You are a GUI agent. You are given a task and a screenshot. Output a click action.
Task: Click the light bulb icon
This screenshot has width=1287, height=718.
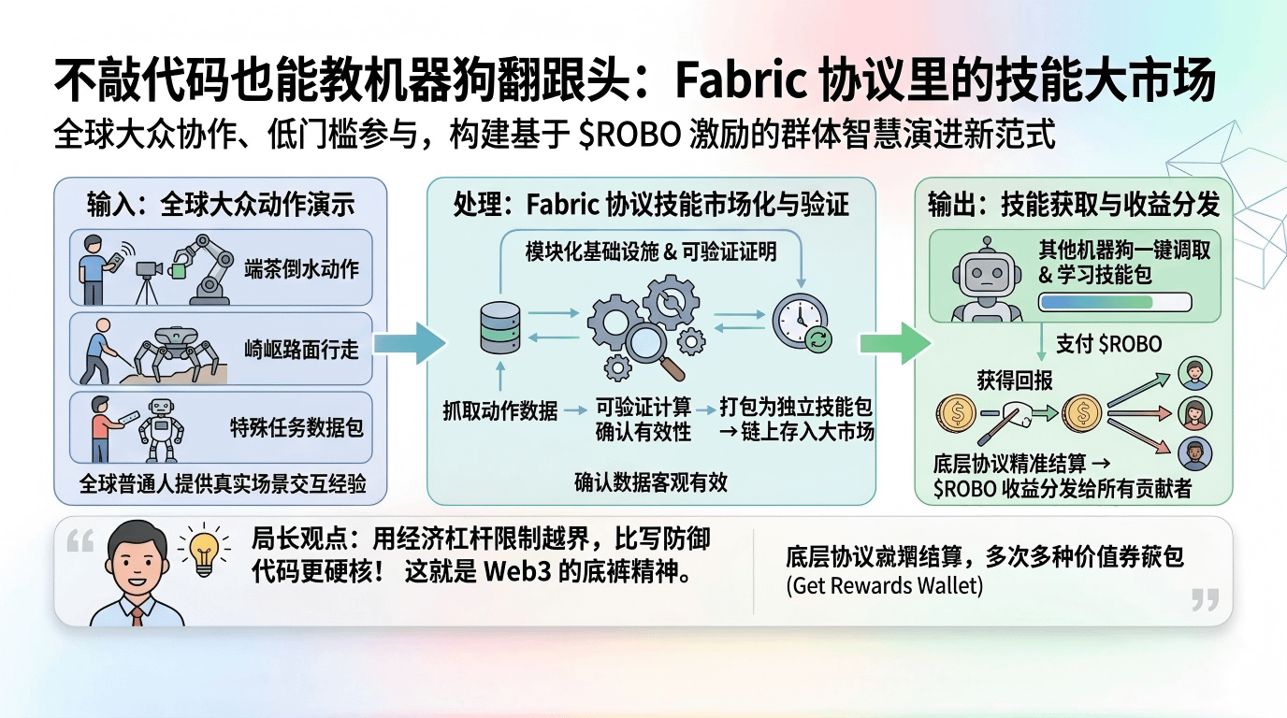(x=204, y=552)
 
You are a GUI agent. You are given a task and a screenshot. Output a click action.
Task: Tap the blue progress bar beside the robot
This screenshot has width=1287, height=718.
(x=1114, y=302)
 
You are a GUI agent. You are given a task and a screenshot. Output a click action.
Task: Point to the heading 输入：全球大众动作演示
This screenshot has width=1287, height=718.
(x=221, y=204)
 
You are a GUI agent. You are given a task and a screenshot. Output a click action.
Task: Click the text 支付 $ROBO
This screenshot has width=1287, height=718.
(x=1108, y=343)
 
